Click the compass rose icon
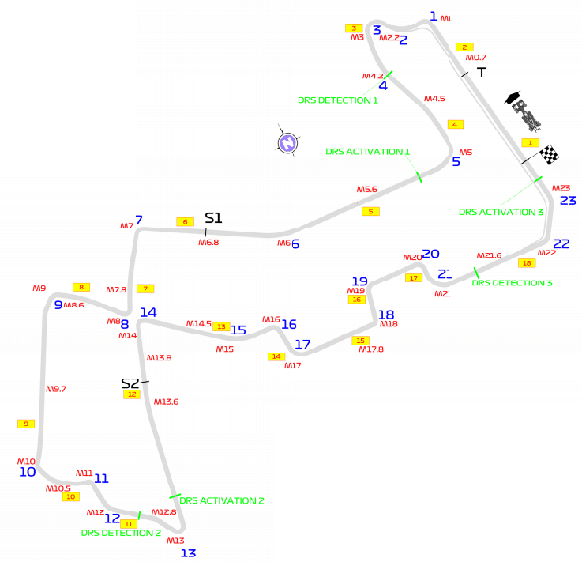pos(287,142)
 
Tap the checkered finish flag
pos(549,154)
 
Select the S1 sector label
pos(213,218)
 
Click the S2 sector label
pos(130,383)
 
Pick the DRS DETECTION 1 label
pos(338,100)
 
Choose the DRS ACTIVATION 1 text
pos(368,152)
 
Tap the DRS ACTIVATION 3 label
pos(501,212)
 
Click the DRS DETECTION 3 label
pos(512,282)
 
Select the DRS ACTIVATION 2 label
pos(221,500)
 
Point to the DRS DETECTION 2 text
pos(121,533)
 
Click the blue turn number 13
pos(187,553)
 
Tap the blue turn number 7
pos(139,221)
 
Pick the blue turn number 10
pos(28,472)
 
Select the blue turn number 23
pos(568,200)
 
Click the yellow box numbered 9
pos(26,424)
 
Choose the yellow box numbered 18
pos(527,262)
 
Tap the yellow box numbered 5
pos(371,211)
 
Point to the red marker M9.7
pos(56,389)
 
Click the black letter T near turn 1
pos(481,72)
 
